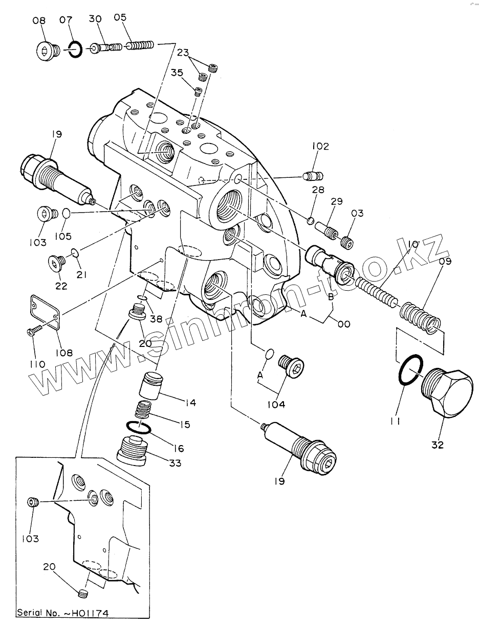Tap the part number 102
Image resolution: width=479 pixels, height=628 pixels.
pyautogui.click(x=321, y=147)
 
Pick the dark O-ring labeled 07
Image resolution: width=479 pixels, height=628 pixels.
pyautogui.click(x=75, y=50)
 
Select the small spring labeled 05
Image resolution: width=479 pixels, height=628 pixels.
pyautogui.click(x=140, y=46)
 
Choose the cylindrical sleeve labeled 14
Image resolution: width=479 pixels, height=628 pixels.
pyautogui.click(x=151, y=386)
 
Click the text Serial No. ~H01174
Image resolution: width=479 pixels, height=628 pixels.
pyautogui.click(x=62, y=612)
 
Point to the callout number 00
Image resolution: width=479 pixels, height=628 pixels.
pyautogui.click(x=344, y=323)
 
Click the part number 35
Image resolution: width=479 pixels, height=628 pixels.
pyautogui.click(x=177, y=73)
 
